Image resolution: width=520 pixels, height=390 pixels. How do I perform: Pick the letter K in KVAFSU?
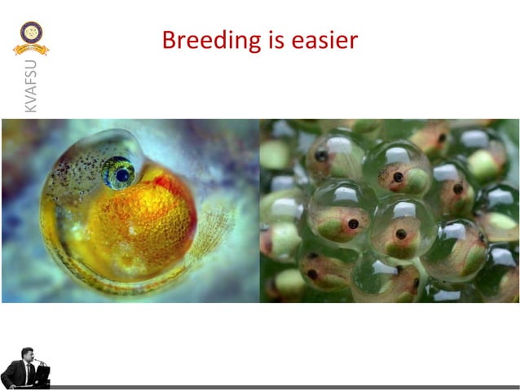[x=30, y=107]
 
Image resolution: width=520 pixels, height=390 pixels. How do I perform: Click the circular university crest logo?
[x=31, y=33]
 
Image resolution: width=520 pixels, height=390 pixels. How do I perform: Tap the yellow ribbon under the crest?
[x=31, y=50]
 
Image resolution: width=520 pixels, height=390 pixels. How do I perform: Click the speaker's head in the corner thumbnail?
[x=24, y=355]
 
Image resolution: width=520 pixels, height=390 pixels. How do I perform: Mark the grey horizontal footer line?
[x=285, y=387]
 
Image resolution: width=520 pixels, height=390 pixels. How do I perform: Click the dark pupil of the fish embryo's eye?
[x=122, y=174]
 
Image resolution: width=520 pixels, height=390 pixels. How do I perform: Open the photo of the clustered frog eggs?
[x=389, y=211]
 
